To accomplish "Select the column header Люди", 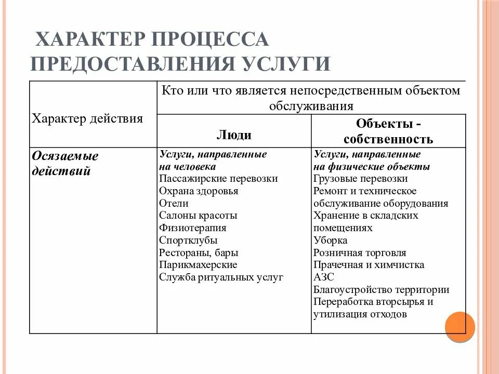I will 234,135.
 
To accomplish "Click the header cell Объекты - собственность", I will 388,131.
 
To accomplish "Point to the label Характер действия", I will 87,118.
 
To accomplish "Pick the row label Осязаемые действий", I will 65,164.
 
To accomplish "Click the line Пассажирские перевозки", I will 218,179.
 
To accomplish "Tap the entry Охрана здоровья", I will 199,191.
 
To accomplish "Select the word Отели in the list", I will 174,204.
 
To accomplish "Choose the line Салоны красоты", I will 198,216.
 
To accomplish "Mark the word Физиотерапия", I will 193,228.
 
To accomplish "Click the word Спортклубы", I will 188,241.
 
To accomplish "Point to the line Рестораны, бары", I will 199,253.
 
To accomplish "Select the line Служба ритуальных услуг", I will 221,277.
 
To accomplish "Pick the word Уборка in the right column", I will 330,241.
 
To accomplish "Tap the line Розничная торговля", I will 360,253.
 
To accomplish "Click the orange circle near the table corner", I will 460,327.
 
